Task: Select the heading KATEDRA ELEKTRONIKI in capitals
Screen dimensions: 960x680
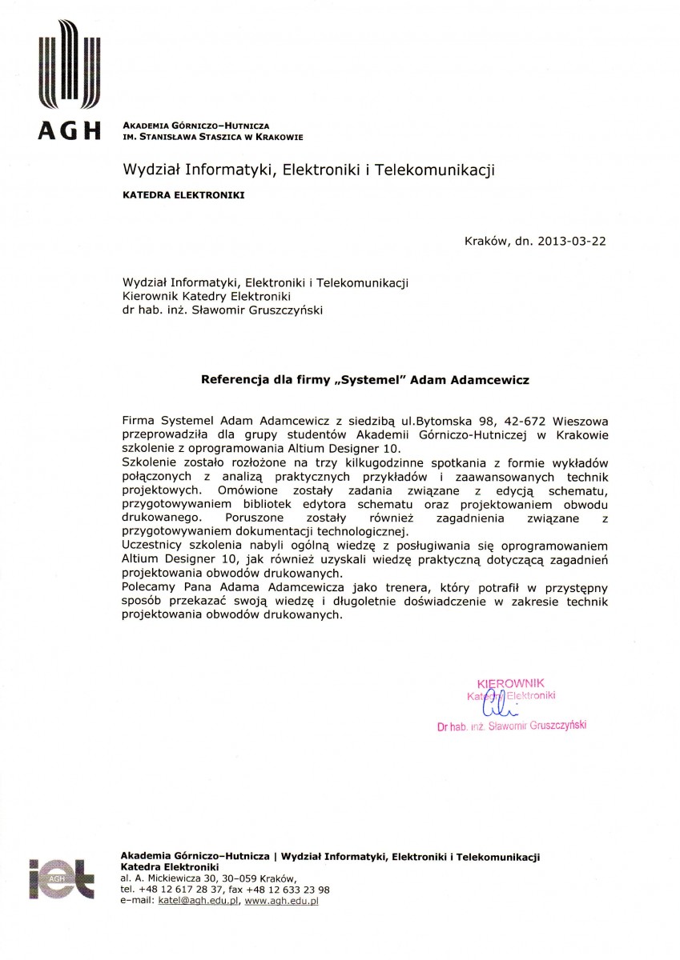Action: pos(183,194)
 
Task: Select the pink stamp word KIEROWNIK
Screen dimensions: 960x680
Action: pos(510,683)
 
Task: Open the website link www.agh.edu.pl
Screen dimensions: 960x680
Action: pos(281,901)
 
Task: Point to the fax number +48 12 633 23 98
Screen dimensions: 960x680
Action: pos(286,889)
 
